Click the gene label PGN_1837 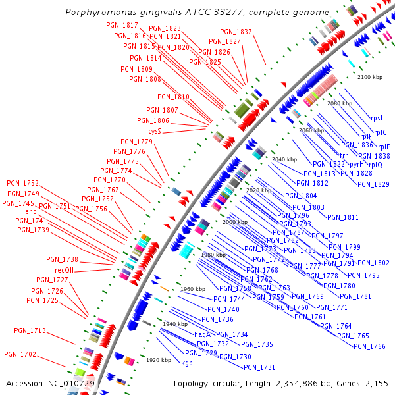point(236,32)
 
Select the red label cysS point(155,131)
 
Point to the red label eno point(31,212)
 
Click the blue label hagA point(202,334)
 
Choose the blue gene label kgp point(187,363)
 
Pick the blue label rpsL point(377,118)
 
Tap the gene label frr point(343,155)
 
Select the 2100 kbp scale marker point(369,77)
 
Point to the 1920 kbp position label point(159,360)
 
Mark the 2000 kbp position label point(235,223)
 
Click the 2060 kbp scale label point(311,130)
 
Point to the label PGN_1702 point(20,354)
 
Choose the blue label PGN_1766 point(369,346)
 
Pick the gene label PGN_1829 point(373,184)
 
